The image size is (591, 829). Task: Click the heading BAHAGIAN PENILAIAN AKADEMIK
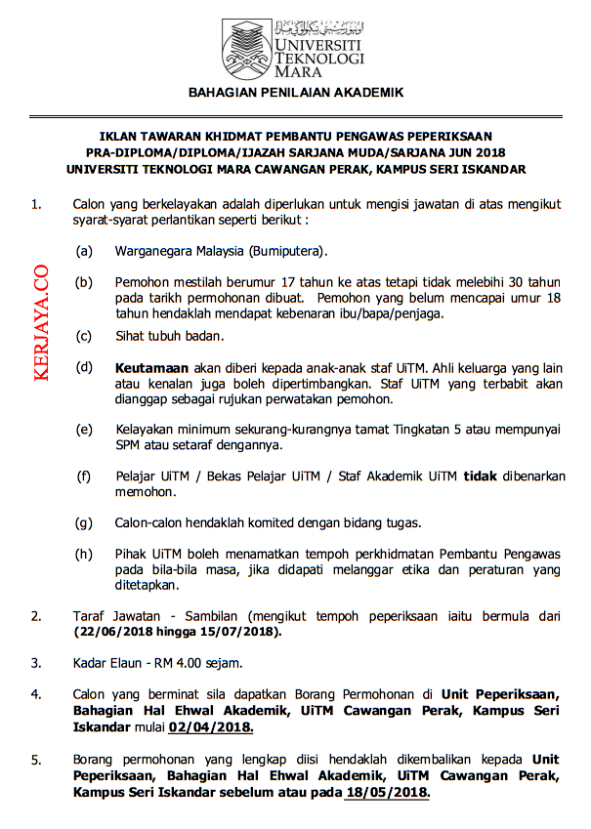point(295,93)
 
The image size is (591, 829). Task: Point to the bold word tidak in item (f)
point(480,477)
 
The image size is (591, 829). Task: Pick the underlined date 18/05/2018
point(387,793)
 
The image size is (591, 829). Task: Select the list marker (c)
point(84,337)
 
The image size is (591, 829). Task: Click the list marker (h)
point(84,552)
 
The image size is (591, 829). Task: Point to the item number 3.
point(36,664)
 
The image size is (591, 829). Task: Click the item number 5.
point(36,759)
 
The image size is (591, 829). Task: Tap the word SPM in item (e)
point(130,445)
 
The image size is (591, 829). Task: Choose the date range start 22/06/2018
point(109,632)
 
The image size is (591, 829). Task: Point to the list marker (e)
point(84,430)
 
